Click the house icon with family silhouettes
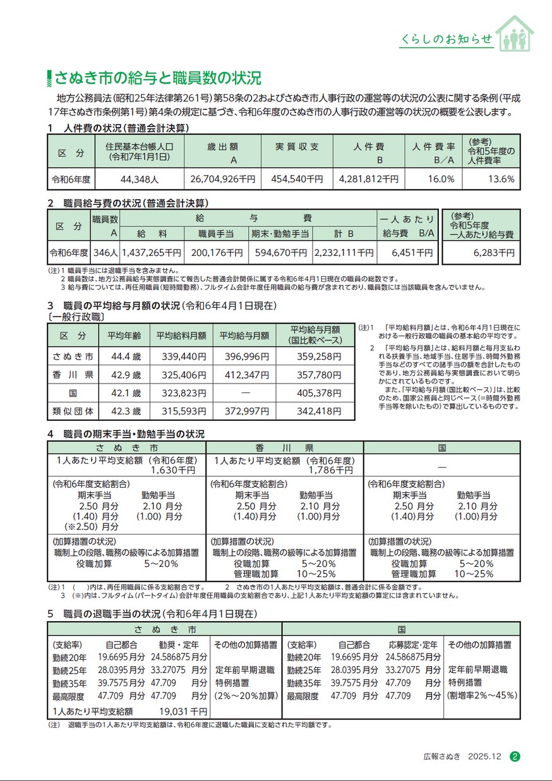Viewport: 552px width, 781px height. [514, 33]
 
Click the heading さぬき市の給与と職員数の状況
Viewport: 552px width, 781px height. [157, 79]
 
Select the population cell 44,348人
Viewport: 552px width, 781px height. [138, 179]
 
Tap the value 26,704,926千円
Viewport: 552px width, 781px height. [224, 179]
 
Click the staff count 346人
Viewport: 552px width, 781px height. [105, 253]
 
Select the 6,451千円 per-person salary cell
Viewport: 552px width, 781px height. [412, 253]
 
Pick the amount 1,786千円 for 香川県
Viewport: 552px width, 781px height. [331, 470]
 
